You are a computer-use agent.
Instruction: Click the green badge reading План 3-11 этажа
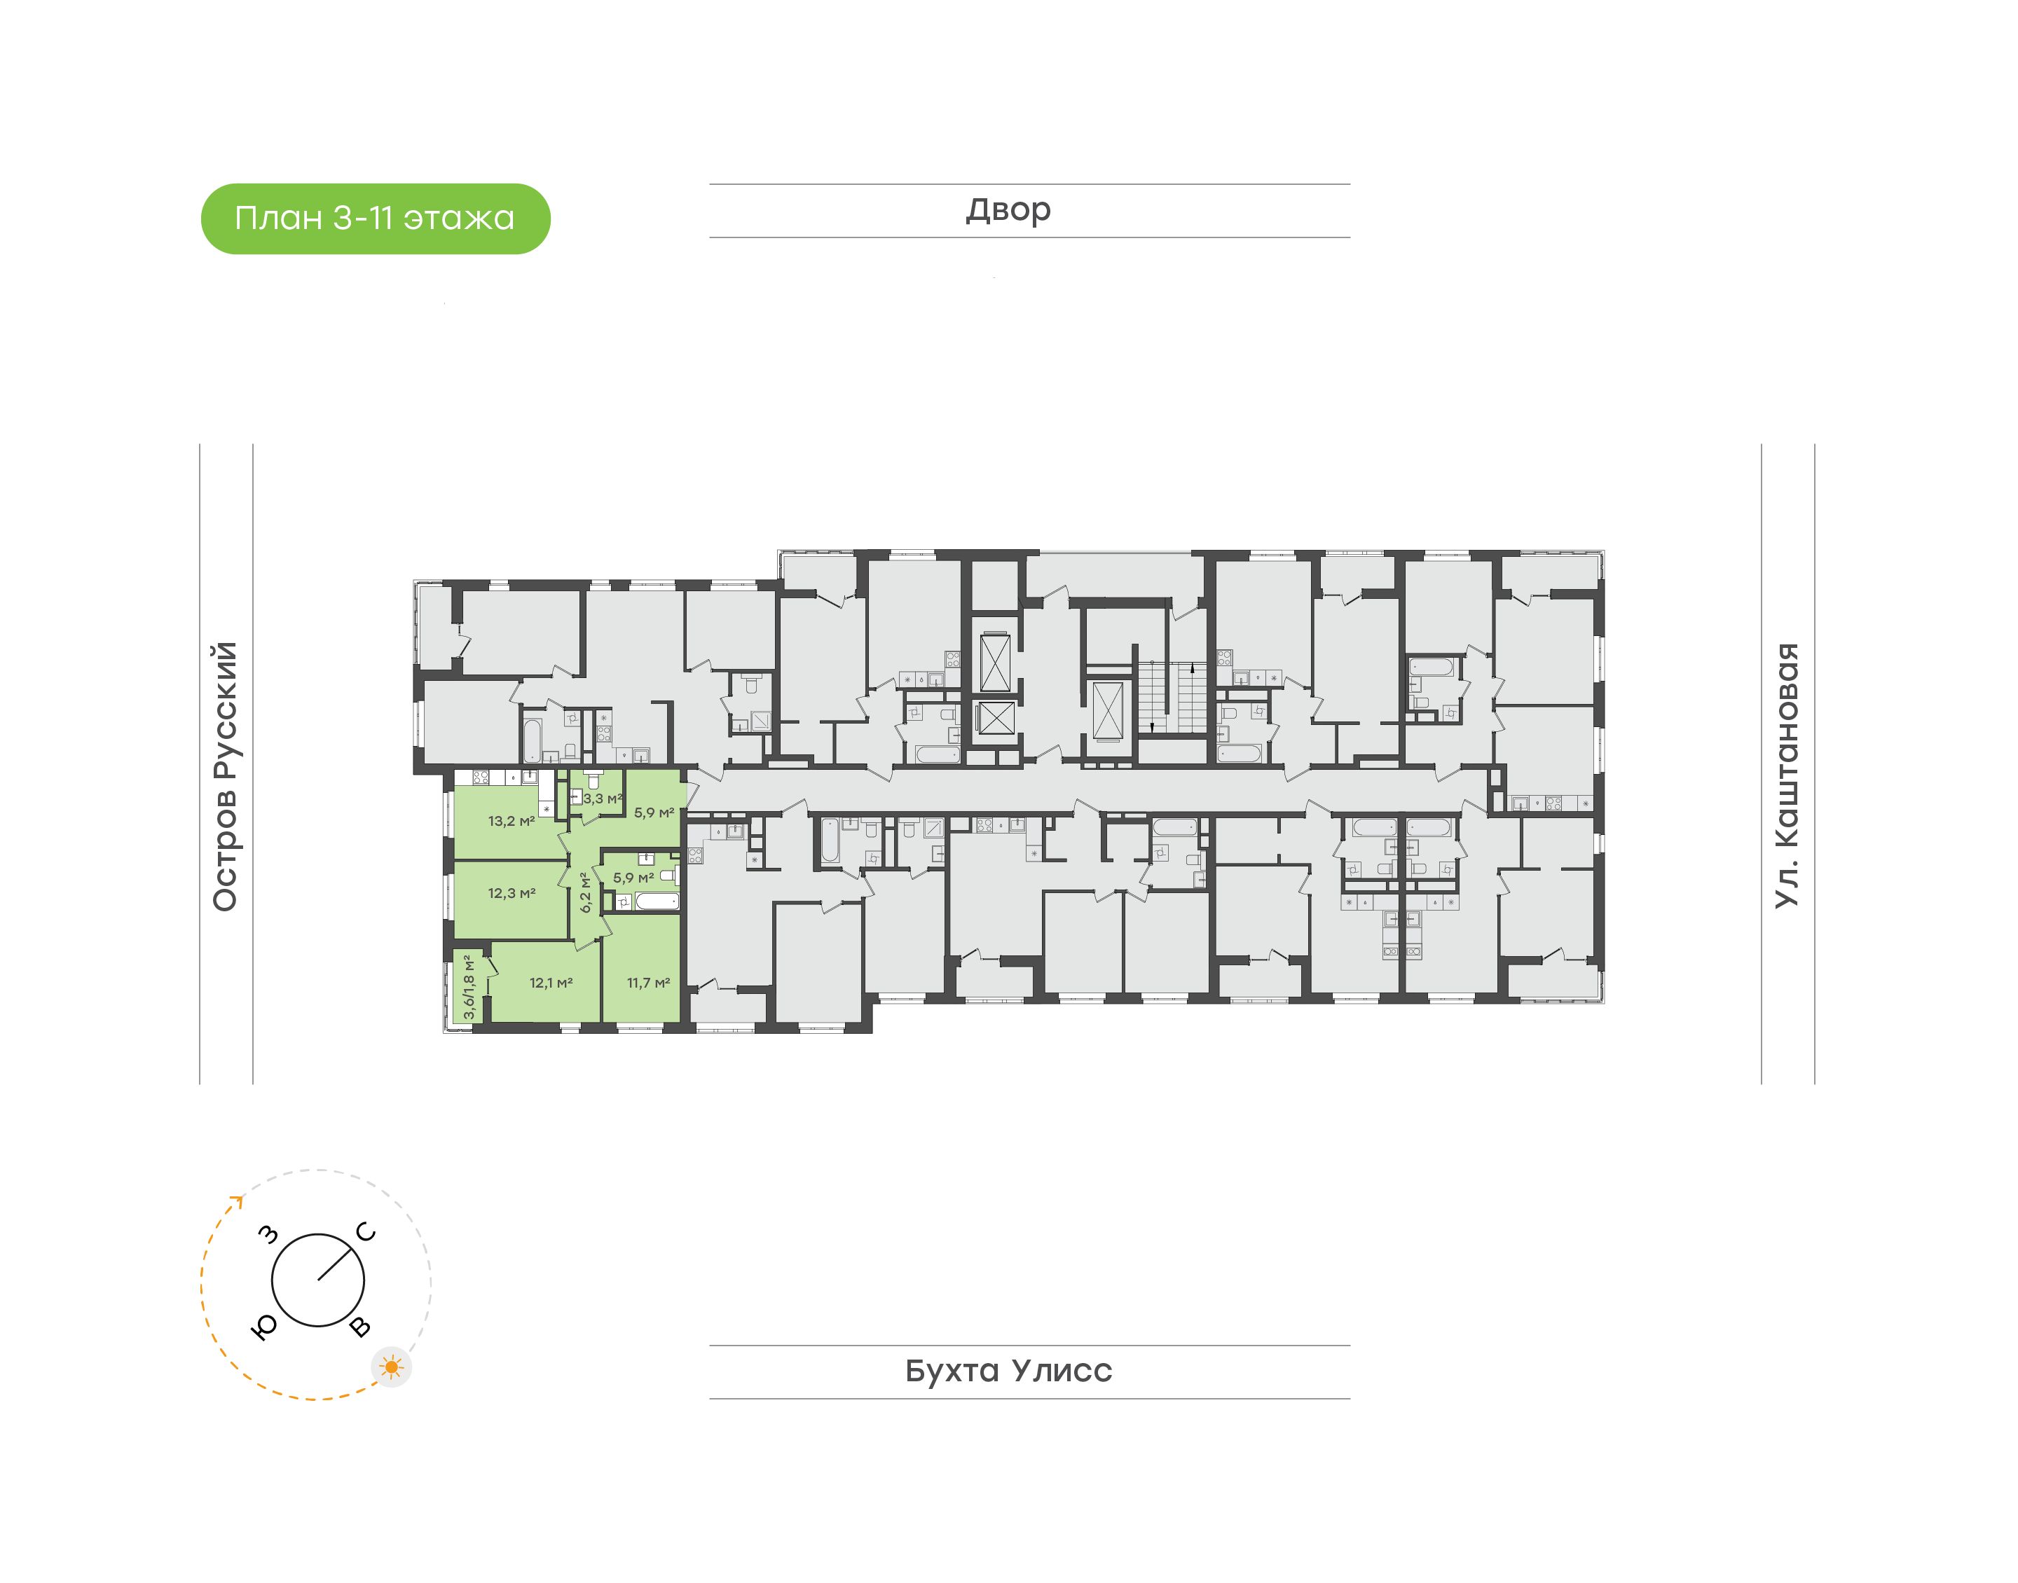click(x=376, y=219)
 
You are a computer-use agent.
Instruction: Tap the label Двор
click(x=1008, y=209)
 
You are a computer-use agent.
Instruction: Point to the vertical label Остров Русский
click(x=225, y=777)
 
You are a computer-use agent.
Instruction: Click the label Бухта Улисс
click(x=1008, y=1371)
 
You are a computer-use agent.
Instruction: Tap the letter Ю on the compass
click(x=264, y=1328)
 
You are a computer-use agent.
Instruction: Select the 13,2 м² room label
click(x=512, y=821)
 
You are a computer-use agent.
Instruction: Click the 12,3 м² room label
click(x=512, y=894)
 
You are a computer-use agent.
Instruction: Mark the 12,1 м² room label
click(x=551, y=983)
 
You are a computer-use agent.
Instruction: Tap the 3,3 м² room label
click(x=603, y=798)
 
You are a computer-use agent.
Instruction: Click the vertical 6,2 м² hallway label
click(x=586, y=892)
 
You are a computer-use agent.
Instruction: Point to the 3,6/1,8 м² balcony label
click(x=469, y=987)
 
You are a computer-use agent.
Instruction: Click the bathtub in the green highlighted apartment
click(x=657, y=901)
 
